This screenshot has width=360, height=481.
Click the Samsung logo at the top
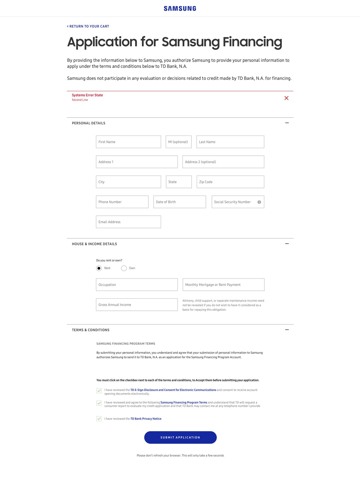tap(180, 9)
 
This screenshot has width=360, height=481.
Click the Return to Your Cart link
tap(88, 27)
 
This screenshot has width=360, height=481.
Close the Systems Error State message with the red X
tap(286, 98)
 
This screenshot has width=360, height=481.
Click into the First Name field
tap(128, 142)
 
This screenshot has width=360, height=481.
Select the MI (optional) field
tap(178, 142)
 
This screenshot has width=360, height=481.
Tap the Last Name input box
tap(230, 142)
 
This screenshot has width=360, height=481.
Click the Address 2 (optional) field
tap(223, 162)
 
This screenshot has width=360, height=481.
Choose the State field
tap(179, 182)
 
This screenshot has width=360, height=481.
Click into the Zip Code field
tap(230, 182)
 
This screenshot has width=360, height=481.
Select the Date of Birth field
tap(179, 202)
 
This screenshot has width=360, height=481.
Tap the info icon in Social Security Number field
tap(259, 202)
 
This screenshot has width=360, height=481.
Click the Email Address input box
tap(128, 222)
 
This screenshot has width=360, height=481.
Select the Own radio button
tap(124, 268)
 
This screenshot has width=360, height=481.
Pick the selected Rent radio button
tap(99, 268)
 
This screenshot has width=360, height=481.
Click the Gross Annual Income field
tap(136, 304)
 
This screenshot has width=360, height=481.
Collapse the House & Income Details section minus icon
tap(287, 244)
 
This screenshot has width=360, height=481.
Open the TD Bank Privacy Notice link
tap(146, 419)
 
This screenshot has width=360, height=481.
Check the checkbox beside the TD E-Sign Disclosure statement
tap(99, 391)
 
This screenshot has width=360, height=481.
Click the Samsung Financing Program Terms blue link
tap(184, 402)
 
